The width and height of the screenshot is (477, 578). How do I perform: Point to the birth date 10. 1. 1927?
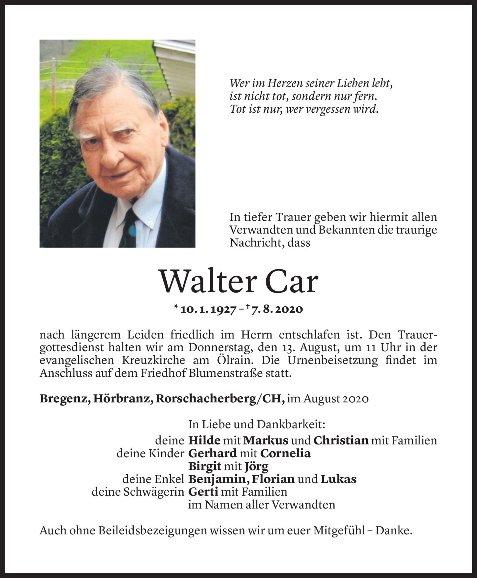click(x=209, y=310)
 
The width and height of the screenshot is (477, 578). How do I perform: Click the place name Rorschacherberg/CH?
click(x=220, y=399)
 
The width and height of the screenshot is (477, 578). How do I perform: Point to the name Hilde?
click(x=204, y=441)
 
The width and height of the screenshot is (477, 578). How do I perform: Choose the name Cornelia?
click(x=286, y=454)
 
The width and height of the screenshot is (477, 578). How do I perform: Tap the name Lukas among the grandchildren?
click(x=338, y=479)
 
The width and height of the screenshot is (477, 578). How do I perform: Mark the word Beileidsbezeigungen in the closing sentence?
click(x=153, y=531)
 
